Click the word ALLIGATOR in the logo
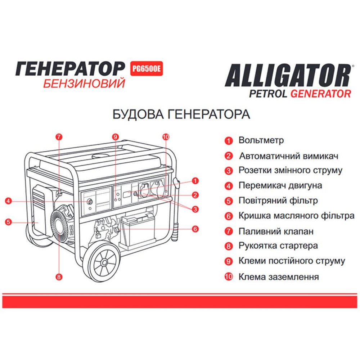pyautogui.click(x=288, y=75)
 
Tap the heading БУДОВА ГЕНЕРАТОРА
pyautogui.click(x=181, y=114)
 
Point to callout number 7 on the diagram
pyautogui.click(x=59, y=137)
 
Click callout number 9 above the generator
pyautogui.click(x=115, y=137)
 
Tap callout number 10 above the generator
pyautogui.click(x=166, y=137)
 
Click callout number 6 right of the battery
pyautogui.click(x=195, y=228)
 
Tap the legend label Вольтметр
pyautogui.click(x=261, y=140)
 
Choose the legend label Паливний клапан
pyautogui.click(x=276, y=231)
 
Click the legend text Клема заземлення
pyautogui.click(x=279, y=277)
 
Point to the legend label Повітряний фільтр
pyautogui.click(x=278, y=201)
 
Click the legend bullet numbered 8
pyautogui.click(x=228, y=247)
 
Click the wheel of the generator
pyautogui.click(x=104, y=262)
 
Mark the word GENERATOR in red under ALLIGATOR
pyautogui.click(x=320, y=94)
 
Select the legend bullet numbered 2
pyautogui.click(x=228, y=156)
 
